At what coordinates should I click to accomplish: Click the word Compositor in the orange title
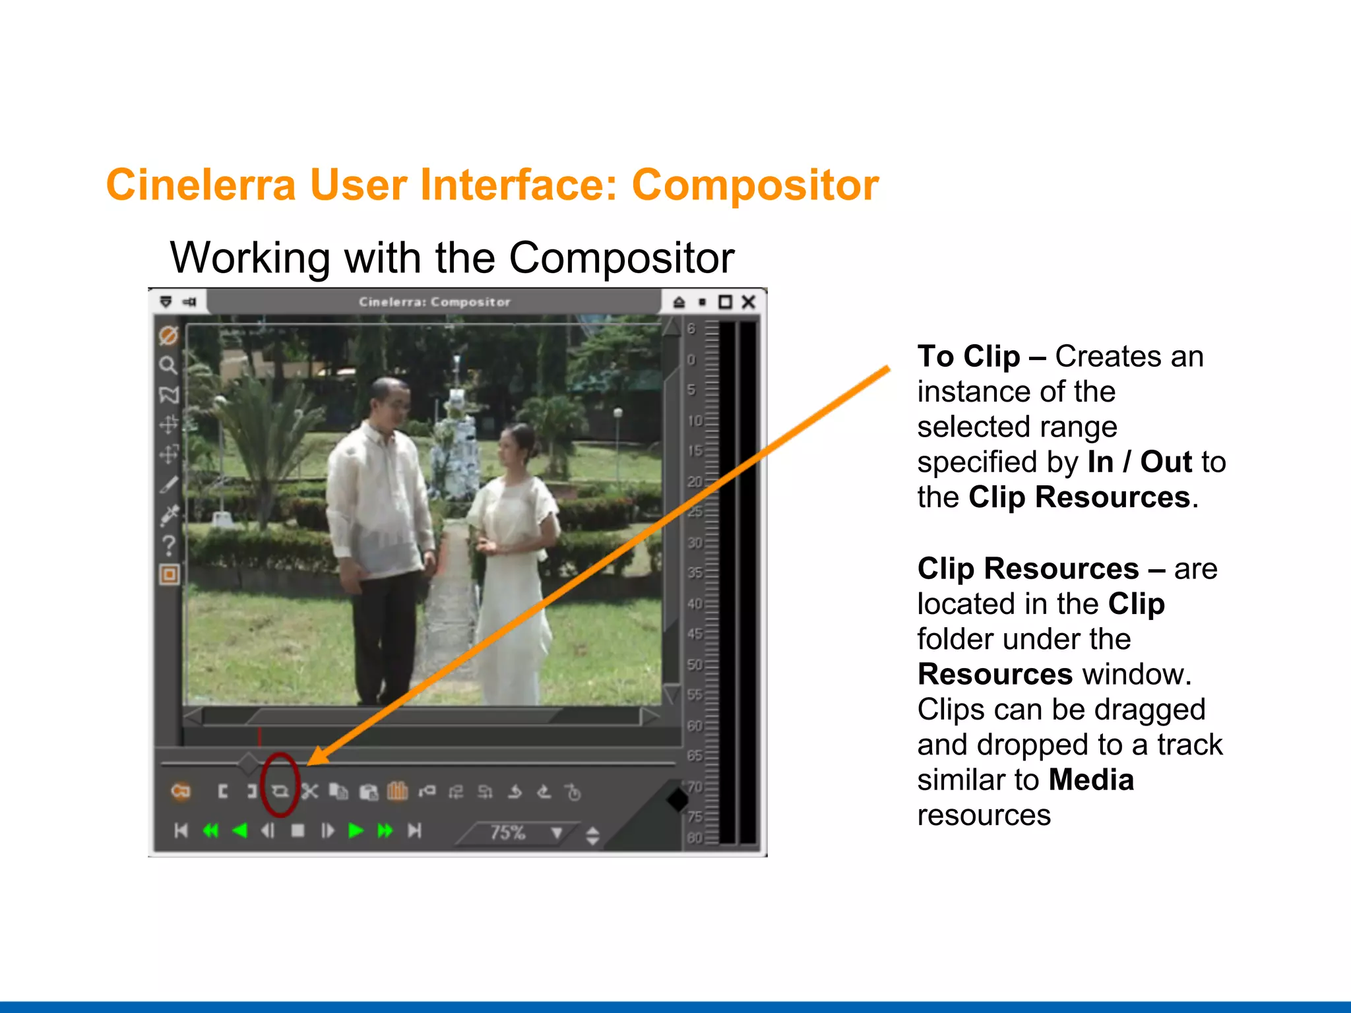coord(755,185)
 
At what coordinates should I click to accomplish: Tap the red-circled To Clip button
coord(280,790)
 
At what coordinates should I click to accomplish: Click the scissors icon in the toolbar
coord(309,791)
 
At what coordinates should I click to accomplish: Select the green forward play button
coord(356,830)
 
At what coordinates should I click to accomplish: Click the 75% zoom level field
coord(508,832)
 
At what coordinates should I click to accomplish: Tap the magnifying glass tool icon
coord(168,365)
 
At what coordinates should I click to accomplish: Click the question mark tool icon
coord(169,545)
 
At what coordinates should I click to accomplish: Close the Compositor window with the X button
coord(748,302)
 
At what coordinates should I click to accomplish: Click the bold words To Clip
coord(968,357)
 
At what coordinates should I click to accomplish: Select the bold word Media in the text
coord(1091,780)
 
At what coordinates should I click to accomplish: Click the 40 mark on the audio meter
coord(695,603)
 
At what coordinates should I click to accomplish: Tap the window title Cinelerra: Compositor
coord(435,302)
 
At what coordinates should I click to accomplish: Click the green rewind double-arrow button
coord(210,830)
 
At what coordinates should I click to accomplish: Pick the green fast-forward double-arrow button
coord(385,830)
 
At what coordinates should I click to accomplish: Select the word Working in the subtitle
coord(250,257)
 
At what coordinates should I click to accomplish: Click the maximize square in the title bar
coord(725,302)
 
